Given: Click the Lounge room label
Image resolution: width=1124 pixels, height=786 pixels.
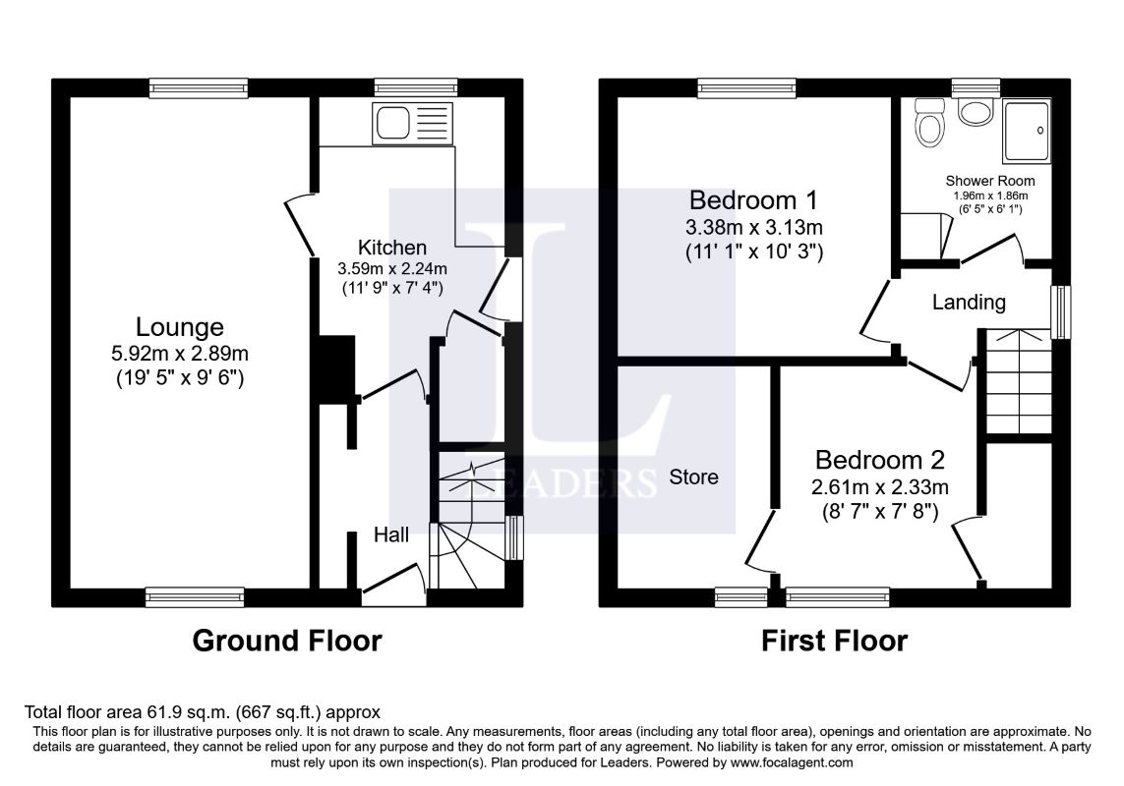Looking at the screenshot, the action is (x=180, y=327).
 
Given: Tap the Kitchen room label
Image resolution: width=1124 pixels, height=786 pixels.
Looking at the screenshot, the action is (x=392, y=248).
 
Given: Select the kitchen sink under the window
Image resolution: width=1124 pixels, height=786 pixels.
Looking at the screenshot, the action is (x=412, y=123).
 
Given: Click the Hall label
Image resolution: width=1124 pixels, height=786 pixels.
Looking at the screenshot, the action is (x=391, y=534).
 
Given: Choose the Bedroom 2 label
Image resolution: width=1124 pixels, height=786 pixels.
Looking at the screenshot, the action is (x=879, y=459).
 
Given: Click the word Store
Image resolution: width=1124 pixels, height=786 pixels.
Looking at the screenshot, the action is (x=693, y=477).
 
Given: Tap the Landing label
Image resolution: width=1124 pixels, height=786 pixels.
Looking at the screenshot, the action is (x=969, y=303).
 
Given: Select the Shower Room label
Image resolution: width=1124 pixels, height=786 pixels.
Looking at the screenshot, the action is (x=990, y=181).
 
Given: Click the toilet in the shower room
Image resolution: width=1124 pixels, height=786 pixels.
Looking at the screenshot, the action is (x=929, y=122).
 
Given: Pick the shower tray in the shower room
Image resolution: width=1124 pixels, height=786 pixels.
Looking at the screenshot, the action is (x=1027, y=131).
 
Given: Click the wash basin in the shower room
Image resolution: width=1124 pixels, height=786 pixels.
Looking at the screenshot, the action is (x=975, y=112).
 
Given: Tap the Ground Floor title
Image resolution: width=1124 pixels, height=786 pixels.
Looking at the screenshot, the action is (x=287, y=641).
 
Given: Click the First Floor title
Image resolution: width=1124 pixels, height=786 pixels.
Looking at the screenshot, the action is (x=835, y=641).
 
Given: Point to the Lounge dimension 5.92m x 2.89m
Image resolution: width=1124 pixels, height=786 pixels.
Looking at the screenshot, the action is (x=180, y=354).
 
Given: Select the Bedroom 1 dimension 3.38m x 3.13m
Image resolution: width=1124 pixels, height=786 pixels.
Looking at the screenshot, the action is (x=753, y=228).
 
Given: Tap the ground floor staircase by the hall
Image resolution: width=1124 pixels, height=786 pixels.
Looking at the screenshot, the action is (x=469, y=520).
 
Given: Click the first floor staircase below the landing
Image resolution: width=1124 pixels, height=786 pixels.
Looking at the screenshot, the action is (x=1019, y=381).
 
